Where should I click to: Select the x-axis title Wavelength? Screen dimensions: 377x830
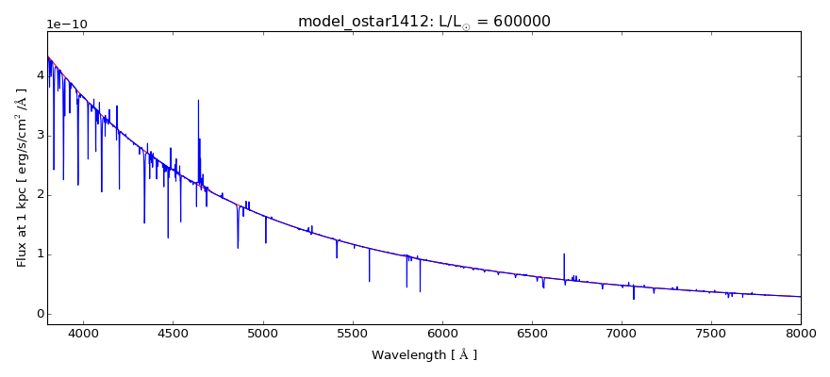pos(423,355)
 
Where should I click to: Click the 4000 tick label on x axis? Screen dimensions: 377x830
pos(83,333)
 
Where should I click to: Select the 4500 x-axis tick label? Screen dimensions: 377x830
pos(173,333)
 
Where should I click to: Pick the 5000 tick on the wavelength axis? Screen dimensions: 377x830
pos(263,333)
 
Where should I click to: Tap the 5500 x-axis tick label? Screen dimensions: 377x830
pos(353,333)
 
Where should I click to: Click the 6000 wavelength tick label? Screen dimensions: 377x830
pos(442,333)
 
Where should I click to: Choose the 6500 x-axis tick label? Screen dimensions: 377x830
pos(532,333)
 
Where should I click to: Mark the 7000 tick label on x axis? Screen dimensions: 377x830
pos(622,333)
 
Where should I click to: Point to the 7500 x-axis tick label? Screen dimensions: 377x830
pos(711,333)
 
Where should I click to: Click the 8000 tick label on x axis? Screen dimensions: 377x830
pos(801,333)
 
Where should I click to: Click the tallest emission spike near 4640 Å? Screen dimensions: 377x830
pos(198,101)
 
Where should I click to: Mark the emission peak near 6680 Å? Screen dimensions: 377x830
pos(564,254)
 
